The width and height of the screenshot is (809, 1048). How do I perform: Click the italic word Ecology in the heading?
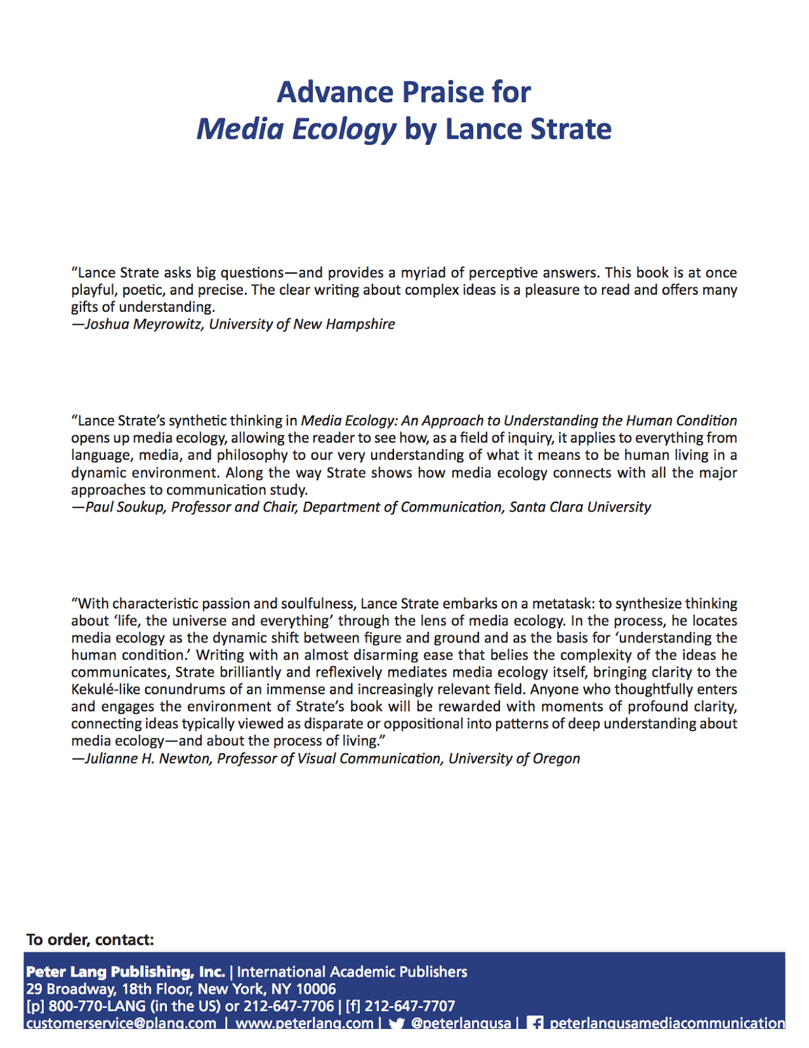pos(344,130)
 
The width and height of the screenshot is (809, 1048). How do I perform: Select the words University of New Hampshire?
pos(302,324)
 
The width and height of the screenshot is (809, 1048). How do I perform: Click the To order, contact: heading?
pos(90,940)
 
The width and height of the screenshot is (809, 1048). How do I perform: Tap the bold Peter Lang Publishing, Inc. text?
pos(125,972)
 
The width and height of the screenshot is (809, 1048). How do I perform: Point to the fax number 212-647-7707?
pos(409,1006)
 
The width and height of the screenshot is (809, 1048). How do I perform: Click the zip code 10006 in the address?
pos(316,989)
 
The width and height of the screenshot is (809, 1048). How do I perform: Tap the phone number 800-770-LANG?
pos(97,1006)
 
